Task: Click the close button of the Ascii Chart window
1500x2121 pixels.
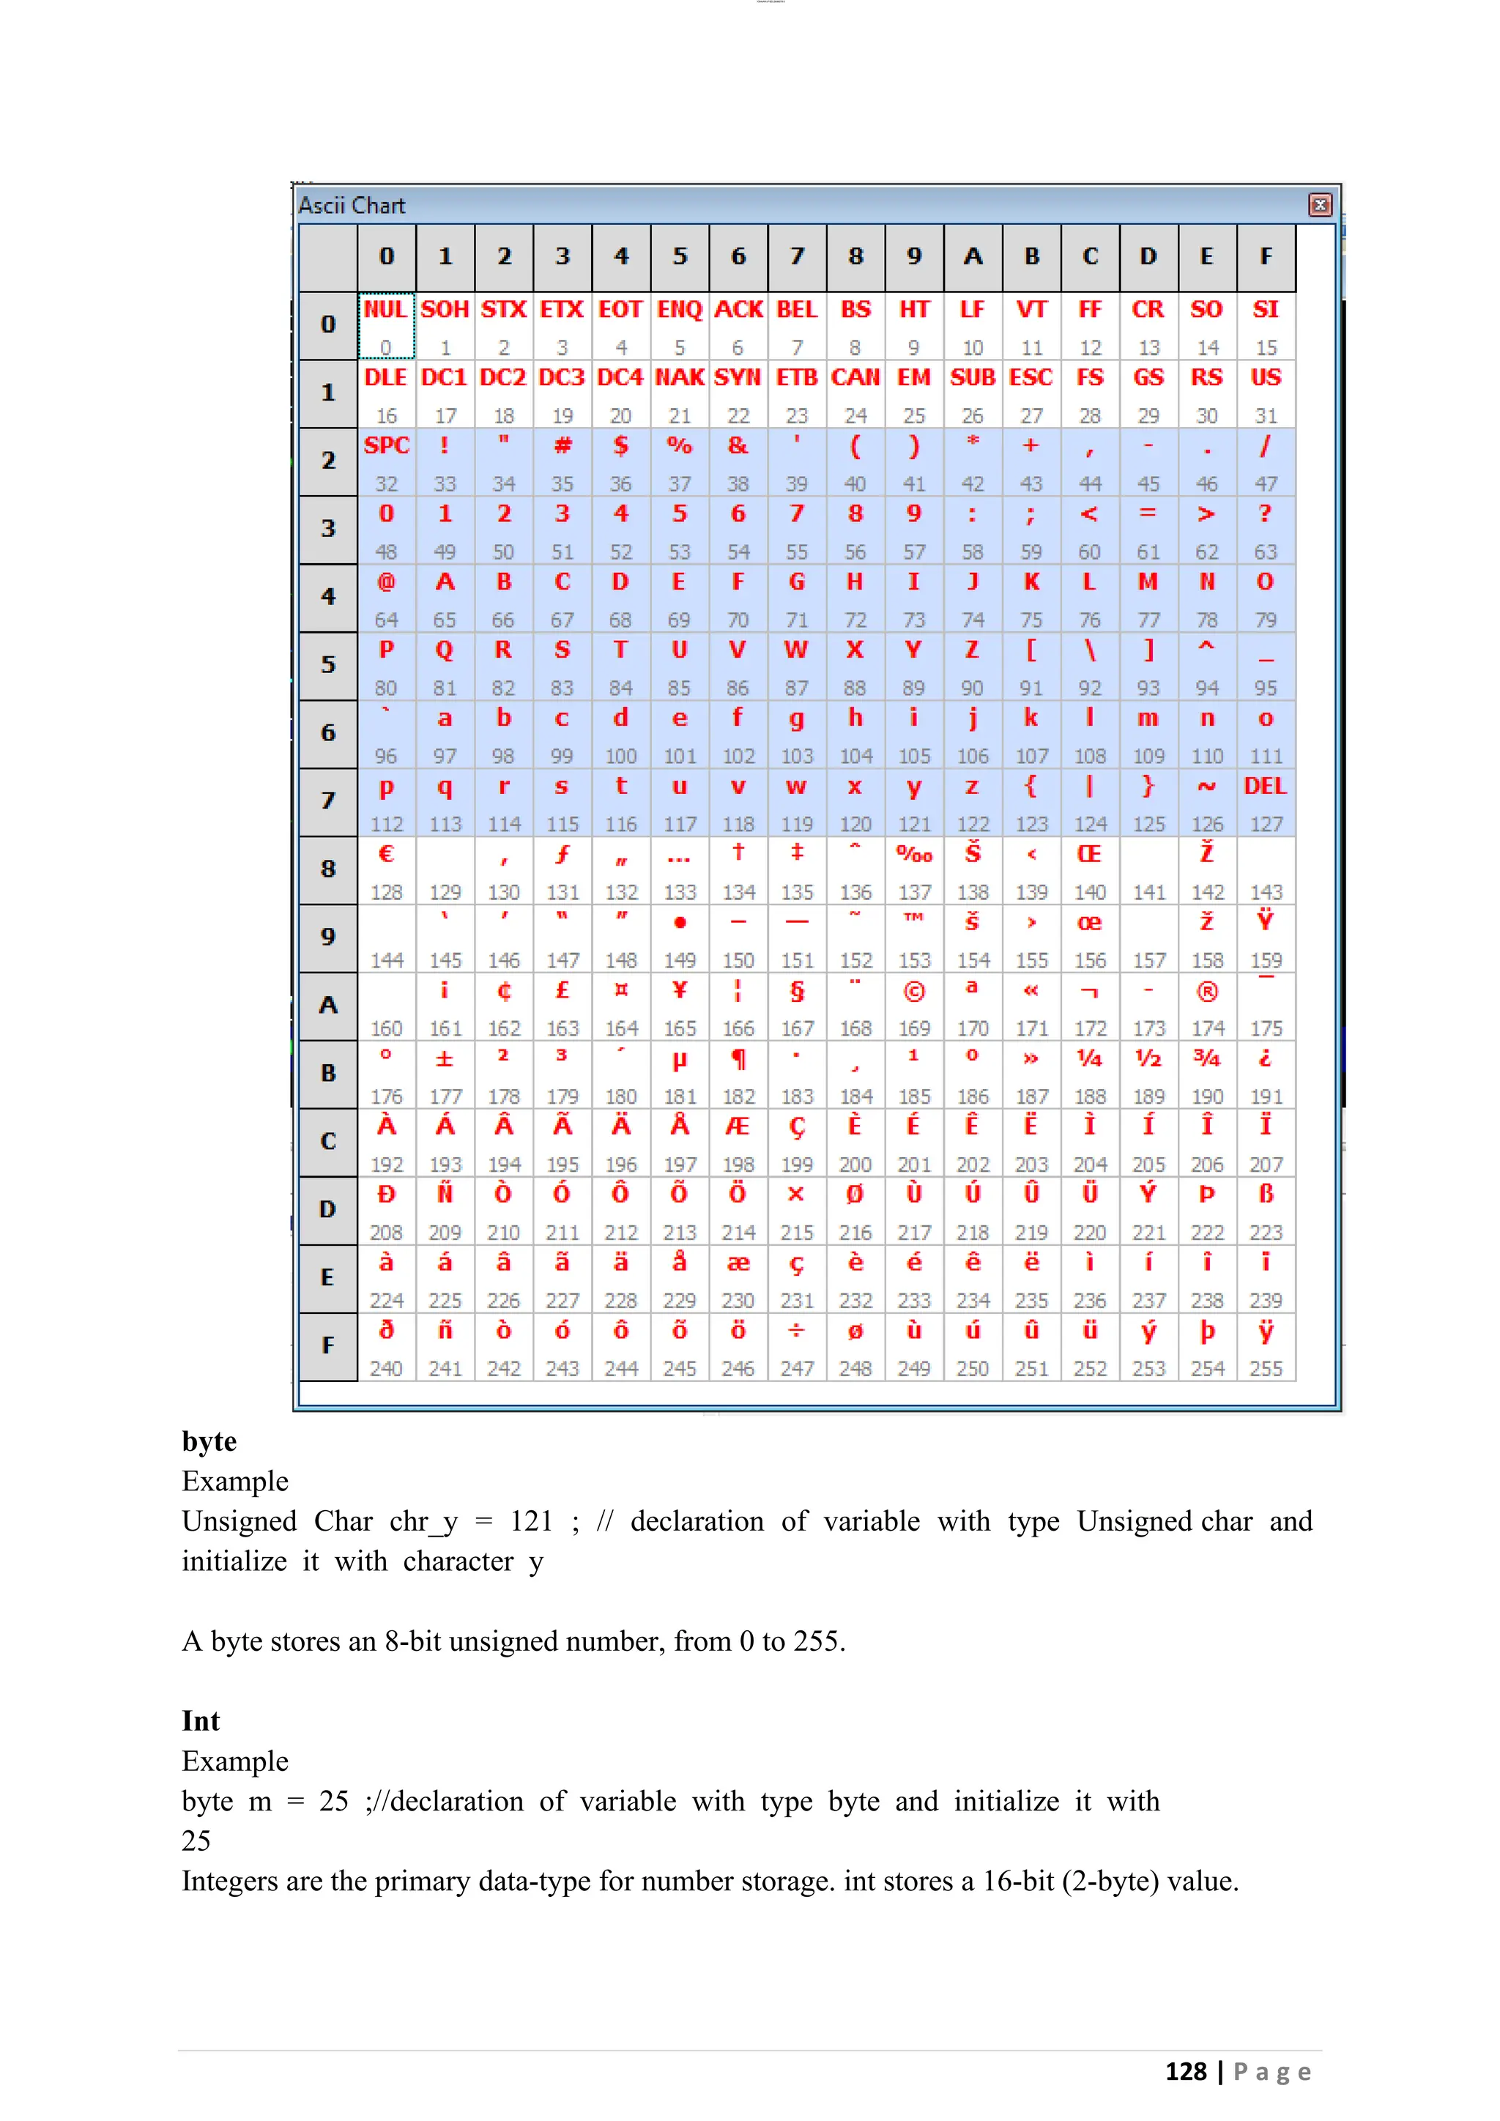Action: (x=1320, y=205)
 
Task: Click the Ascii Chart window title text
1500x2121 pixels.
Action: (x=351, y=205)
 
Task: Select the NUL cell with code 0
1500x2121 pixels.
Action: (x=386, y=325)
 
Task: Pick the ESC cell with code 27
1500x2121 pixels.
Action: (x=1031, y=393)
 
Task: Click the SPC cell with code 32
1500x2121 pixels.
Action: (x=386, y=461)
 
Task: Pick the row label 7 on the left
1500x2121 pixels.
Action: (x=328, y=800)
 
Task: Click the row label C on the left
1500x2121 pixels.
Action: (x=328, y=1141)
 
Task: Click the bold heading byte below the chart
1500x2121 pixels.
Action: (x=209, y=1441)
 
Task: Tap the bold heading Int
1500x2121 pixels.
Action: (x=201, y=1721)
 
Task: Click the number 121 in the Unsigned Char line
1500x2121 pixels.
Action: (x=531, y=1521)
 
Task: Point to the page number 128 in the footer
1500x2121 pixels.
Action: (x=1185, y=2071)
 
